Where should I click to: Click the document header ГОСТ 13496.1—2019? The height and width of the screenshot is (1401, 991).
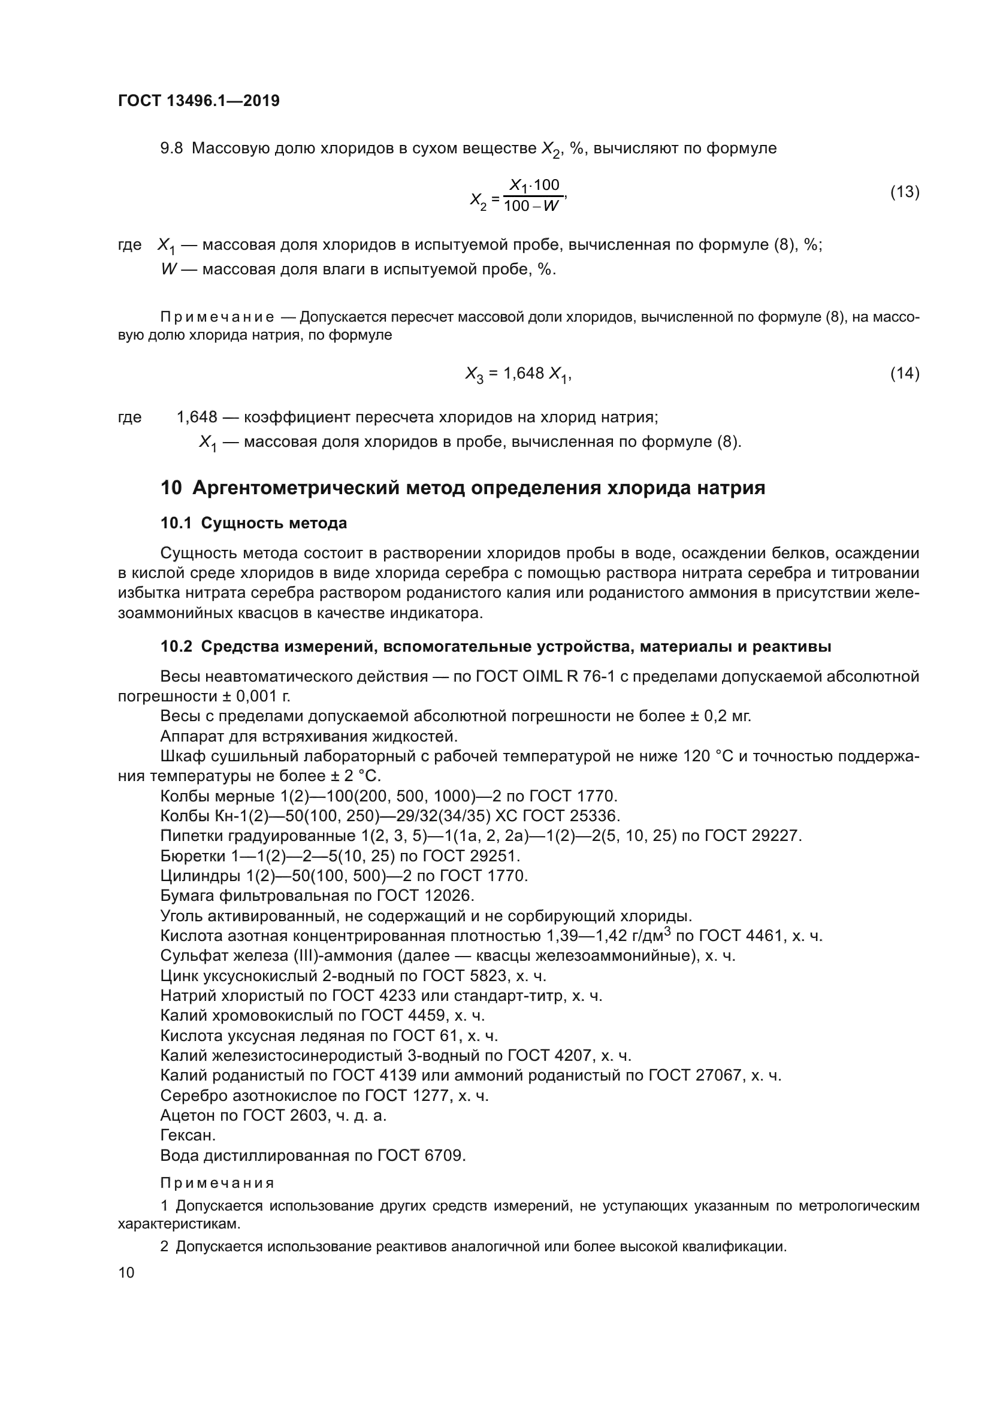pyautogui.click(x=198, y=101)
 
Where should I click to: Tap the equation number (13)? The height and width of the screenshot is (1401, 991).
pyautogui.click(x=904, y=192)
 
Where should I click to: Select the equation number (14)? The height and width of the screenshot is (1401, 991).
pyautogui.click(x=904, y=373)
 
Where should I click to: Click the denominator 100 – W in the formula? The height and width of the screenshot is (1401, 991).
pyautogui.click(x=531, y=205)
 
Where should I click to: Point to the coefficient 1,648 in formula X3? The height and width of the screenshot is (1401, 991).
pyautogui.click(x=523, y=373)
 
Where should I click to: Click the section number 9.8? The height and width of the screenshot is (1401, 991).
pyautogui.click(x=171, y=149)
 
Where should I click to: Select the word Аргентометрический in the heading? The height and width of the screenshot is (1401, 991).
pyautogui.click(x=297, y=488)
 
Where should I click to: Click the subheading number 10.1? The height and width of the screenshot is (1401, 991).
pyautogui.click(x=176, y=523)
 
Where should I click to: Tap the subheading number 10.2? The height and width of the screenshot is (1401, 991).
pyautogui.click(x=176, y=646)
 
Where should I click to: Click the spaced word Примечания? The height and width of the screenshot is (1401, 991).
pyautogui.click(x=217, y=1183)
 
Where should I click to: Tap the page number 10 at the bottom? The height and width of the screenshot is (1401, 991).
pyautogui.click(x=126, y=1272)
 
